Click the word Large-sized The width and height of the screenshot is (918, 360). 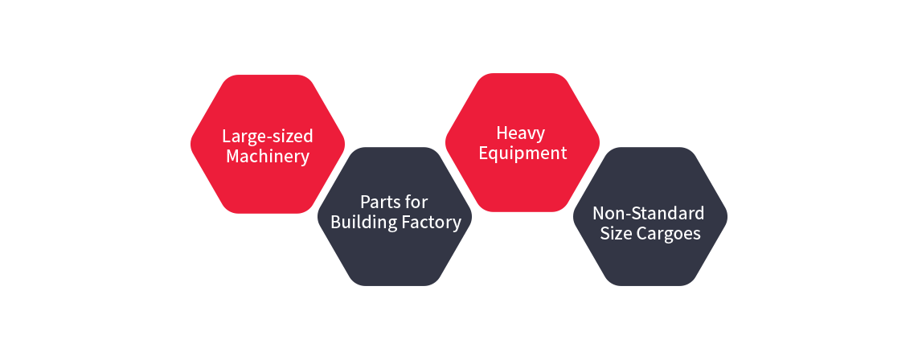click(x=267, y=135)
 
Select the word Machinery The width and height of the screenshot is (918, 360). click(x=267, y=156)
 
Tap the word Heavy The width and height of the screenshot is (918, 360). click(x=520, y=133)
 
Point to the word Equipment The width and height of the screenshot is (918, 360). click(x=523, y=153)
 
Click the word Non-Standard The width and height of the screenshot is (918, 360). click(x=648, y=213)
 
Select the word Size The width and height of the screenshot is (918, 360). click(x=617, y=234)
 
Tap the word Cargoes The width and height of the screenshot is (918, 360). click(x=669, y=234)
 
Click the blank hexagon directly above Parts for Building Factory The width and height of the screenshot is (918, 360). click(x=395, y=69)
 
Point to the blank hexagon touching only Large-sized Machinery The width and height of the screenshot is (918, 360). click(x=140, y=216)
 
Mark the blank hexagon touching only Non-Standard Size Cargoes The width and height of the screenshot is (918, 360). click(x=777, y=143)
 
